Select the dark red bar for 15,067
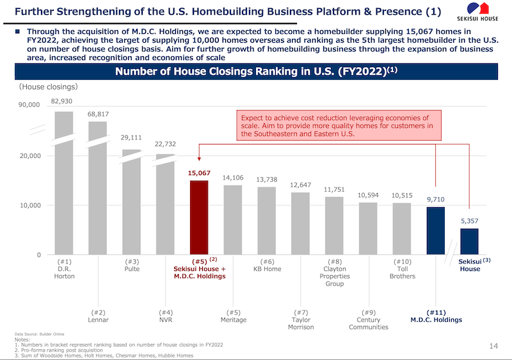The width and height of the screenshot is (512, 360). point(199,217)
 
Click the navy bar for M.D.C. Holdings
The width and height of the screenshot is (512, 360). point(436,231)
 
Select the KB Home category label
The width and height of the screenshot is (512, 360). point(267,269)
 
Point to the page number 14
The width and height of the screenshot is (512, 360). point(493,346)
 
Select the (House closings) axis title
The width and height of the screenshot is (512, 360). point(48,86)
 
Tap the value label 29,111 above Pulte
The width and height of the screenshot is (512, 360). point(131,137)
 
